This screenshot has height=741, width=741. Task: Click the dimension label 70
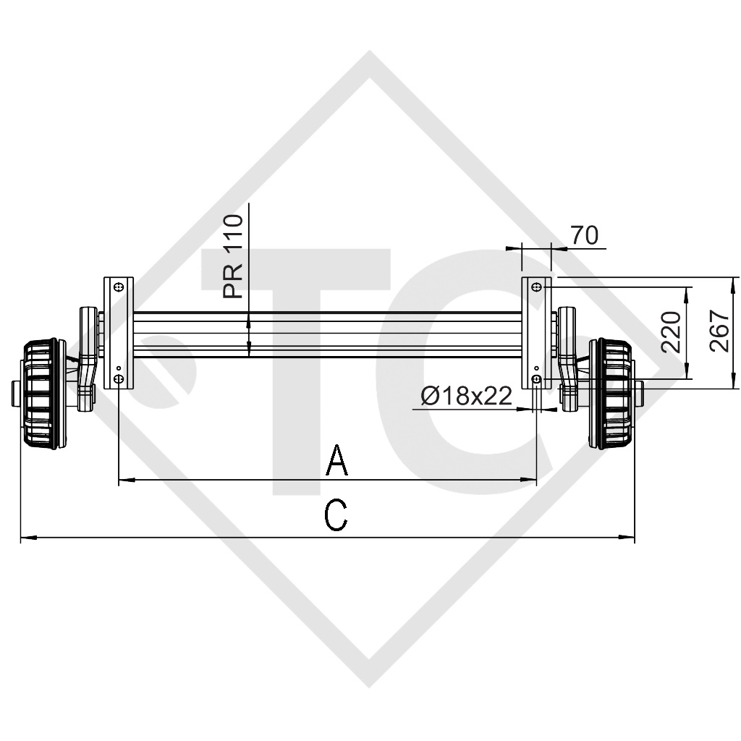coord(585,235)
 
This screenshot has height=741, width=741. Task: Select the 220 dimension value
coord(672,332)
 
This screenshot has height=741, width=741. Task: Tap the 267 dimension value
coord(719,331)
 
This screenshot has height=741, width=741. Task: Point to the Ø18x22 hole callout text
coord(466,396)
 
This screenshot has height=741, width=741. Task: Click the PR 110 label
coord(234,257)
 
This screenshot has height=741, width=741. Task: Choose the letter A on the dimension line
coord(337,461)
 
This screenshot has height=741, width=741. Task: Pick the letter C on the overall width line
coord(336,516)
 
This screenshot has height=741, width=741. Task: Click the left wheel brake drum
coord(40,394)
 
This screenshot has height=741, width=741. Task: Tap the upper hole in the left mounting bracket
coord(119,287)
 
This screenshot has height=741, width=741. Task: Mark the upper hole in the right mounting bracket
coord(536,287)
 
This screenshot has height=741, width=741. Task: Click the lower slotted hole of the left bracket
coord(119,380)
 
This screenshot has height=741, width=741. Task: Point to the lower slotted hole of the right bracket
coord(536,380)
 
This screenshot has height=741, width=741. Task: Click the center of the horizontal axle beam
coord(327,334)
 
